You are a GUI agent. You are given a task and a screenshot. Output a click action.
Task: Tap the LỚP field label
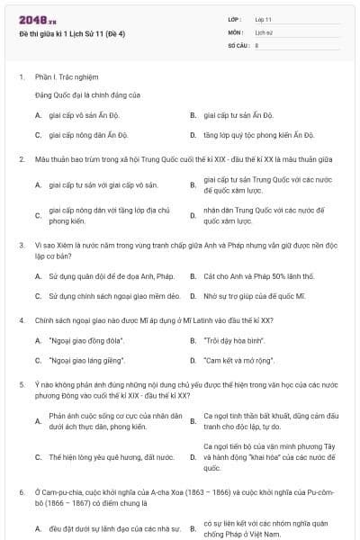click(235, 19)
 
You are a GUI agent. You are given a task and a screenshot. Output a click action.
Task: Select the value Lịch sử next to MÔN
click(264, 31)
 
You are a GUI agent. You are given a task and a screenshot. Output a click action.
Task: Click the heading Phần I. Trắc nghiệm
click(67, 77)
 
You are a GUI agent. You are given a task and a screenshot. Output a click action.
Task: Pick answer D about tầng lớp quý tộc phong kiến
click(258, 135)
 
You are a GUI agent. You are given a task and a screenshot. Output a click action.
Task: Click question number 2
click(21, 159)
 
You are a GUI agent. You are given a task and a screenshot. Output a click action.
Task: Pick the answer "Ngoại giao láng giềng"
click(88, 361)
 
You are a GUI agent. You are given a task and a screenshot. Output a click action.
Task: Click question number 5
click(21, 383)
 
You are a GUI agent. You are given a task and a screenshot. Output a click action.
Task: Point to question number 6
click(21, 492)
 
